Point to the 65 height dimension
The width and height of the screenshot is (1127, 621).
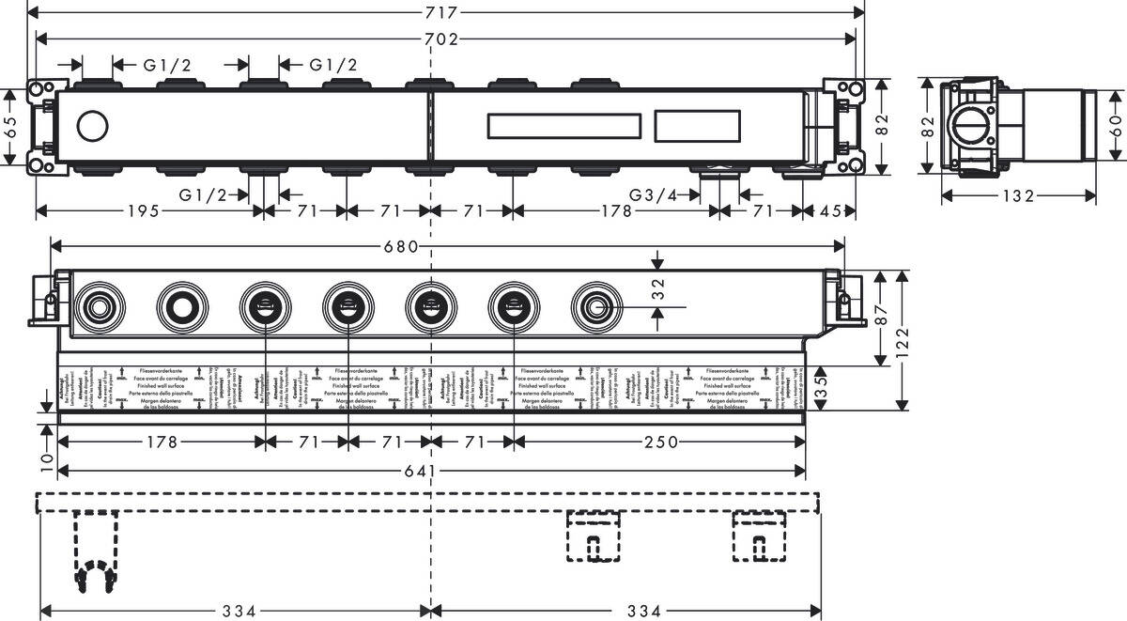click(10, 128)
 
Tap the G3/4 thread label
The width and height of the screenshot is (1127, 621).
click(653, 194)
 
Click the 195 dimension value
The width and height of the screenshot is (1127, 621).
click(148, 210)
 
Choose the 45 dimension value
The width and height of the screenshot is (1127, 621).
click(830, 210)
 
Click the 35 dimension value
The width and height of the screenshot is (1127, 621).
click(821, 387)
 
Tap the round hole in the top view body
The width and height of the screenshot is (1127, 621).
click(93, 126)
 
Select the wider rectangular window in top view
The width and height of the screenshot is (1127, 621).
click(564, 126)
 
